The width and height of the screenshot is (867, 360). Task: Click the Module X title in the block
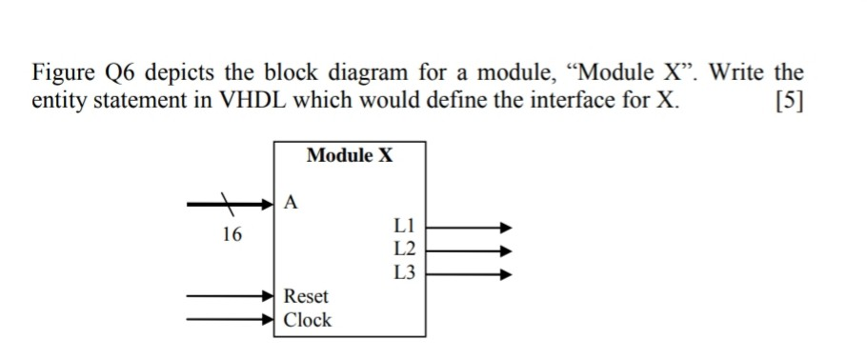coord(350,155)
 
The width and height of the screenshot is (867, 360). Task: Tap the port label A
coord(291,201)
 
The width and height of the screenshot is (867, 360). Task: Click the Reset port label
coord(307,296)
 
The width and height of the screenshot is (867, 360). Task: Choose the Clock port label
coord(308,319)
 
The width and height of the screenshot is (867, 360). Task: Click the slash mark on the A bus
coord(228,202)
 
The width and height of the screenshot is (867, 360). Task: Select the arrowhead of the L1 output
coord(506,228)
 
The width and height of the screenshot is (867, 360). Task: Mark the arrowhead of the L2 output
coord(506,250)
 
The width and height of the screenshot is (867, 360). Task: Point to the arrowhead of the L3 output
coord(506,273)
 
